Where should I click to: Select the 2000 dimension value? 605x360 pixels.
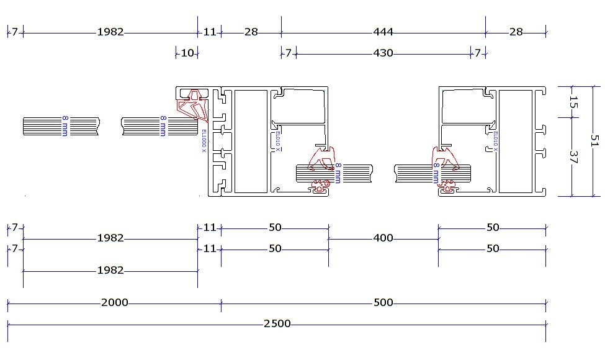114,303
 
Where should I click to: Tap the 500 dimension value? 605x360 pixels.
383,303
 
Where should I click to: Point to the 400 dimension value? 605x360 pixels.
383,238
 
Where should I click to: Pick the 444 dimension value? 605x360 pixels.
383,32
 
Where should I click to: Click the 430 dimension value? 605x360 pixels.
383,53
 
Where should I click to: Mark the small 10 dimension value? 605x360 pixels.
187,53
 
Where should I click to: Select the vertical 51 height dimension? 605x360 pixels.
594,140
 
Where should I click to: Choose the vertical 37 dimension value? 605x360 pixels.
573,156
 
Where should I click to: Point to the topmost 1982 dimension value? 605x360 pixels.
110,32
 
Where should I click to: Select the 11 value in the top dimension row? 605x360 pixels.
209,32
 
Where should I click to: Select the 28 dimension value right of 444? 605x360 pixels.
516,32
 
